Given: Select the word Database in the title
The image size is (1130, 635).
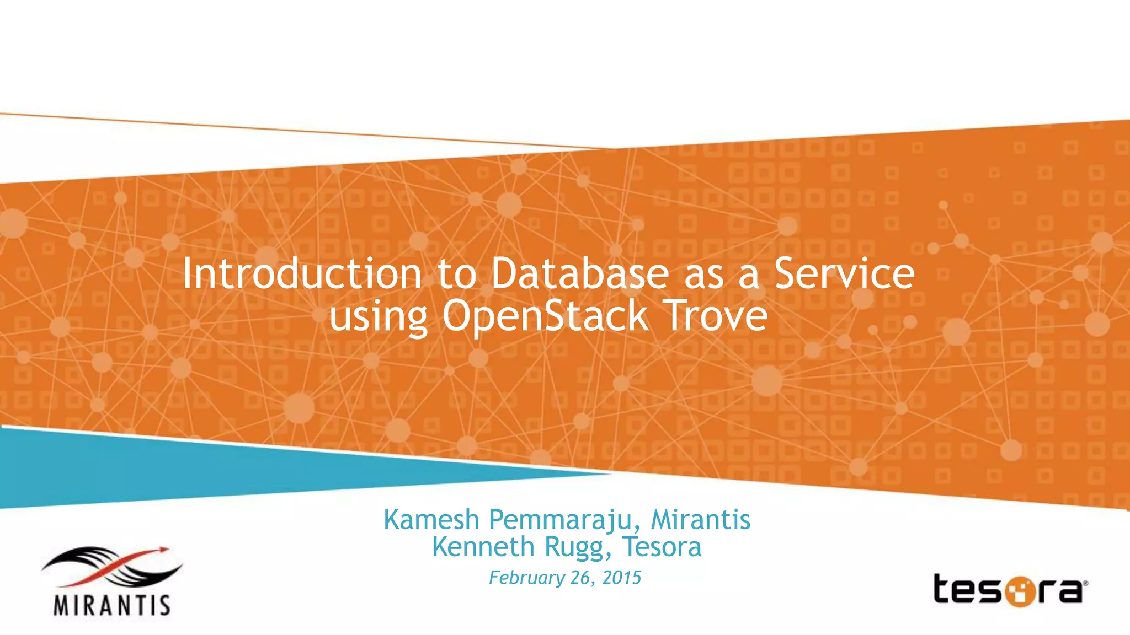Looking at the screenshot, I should [x=579, y=273].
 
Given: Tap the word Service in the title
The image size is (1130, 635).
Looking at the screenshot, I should [x=844, y=273].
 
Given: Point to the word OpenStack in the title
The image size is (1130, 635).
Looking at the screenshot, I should [x=545, y=316].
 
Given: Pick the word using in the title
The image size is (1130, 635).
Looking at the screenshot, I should [x=378, y=317].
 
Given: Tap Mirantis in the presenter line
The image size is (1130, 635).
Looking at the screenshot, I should [x=701, y=520].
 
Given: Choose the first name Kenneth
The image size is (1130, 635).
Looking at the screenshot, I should [x=483, y=547].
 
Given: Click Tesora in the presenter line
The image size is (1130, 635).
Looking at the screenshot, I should [x=662, y=547].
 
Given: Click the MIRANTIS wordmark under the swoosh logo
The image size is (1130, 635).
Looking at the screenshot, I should [x=112, y=605].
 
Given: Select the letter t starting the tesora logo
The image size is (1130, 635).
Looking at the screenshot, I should [x=944, y=589].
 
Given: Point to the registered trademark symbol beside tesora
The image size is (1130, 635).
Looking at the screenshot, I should [x=1085, y=583].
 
